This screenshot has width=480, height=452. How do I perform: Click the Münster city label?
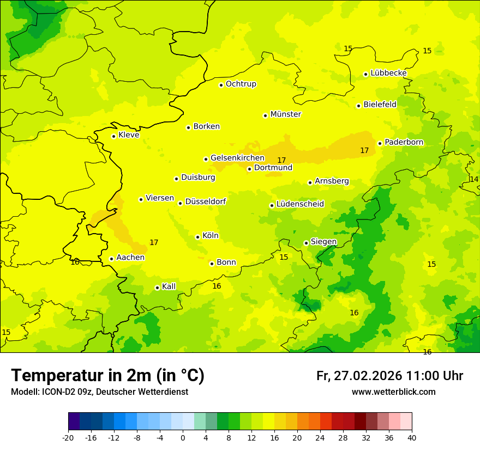285,114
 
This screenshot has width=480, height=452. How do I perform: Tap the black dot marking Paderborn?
380,143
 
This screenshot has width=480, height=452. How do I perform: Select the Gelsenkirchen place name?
237,158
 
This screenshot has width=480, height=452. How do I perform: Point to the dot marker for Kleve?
113,136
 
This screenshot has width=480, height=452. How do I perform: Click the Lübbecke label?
388,73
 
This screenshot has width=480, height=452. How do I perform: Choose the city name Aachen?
130,258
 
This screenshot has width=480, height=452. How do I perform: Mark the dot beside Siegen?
306,243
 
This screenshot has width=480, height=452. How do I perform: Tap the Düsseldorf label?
205,201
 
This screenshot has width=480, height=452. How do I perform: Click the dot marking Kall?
157,288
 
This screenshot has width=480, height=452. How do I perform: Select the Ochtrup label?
241,84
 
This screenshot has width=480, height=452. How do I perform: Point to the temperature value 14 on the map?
474,179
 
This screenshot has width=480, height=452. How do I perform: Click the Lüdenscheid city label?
300,204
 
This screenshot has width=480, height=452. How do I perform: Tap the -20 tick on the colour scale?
68,437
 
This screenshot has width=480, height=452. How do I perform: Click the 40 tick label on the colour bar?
412,437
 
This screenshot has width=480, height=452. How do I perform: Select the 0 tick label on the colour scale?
183,437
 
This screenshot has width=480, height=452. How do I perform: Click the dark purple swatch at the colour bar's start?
74,422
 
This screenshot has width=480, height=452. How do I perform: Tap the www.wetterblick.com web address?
393,392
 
